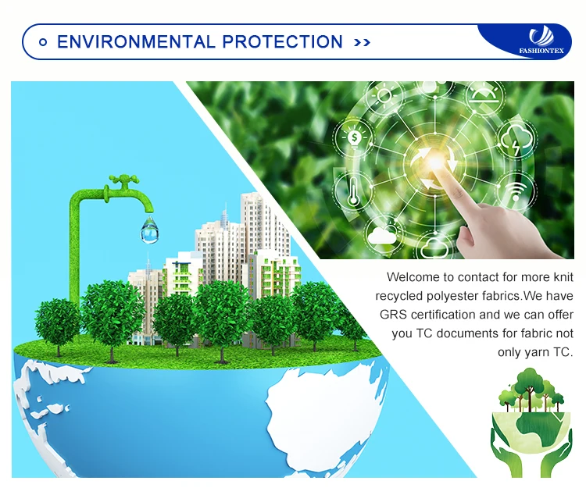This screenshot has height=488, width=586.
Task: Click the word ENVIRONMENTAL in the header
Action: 136,42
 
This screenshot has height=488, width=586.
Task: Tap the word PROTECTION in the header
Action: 282,42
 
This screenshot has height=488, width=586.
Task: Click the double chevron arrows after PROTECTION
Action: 362,43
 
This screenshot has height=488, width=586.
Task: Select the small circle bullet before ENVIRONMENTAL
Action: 43,42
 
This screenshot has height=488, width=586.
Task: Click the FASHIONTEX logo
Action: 541,41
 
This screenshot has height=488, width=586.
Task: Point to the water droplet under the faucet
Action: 149,230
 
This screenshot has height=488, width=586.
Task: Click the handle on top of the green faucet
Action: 123,180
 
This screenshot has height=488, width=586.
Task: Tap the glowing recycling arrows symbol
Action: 436,163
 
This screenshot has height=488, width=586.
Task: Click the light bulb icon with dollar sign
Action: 354,138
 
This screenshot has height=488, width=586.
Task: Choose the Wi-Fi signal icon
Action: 516,190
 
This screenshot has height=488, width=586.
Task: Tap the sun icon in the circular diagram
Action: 384,95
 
